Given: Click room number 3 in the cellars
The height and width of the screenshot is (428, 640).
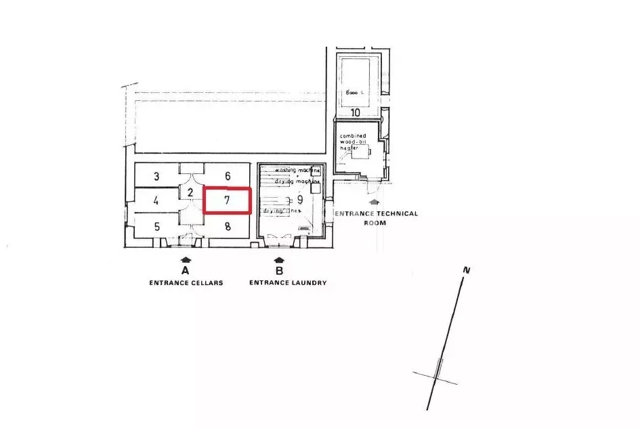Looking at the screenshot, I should click(156, 177).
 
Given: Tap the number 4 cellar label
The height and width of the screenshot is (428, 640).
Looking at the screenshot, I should click(156, 200).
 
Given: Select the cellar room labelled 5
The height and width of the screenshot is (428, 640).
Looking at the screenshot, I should click(157, 226).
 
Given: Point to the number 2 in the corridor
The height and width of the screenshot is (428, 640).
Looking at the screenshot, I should click(190, 193).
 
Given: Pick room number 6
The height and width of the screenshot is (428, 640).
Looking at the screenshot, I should click(228, 175).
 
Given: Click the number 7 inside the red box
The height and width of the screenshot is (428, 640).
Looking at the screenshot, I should click(228, 200).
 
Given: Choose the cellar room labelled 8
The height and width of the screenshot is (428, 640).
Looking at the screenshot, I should click(228, 226).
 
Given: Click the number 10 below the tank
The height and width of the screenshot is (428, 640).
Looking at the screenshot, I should click(355, 112).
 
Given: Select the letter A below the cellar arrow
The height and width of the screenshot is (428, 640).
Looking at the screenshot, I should click(186, 271).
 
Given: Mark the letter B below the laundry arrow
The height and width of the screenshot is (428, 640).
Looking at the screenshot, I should click(278, 271).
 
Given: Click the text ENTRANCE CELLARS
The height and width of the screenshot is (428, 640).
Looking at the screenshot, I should click(186, 283).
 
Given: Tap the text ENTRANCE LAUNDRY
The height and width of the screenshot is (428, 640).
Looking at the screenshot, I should click(288, 283).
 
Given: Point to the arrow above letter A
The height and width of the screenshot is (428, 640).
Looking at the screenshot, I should click(186, 259).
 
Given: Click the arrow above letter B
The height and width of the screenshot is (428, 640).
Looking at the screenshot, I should click(278, 259).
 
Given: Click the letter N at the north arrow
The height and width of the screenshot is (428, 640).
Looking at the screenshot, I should click(466, 270).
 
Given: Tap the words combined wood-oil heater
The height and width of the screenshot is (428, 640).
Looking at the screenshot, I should click(353, 142).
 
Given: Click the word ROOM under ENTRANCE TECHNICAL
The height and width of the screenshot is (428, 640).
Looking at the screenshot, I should click(374, 222).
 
